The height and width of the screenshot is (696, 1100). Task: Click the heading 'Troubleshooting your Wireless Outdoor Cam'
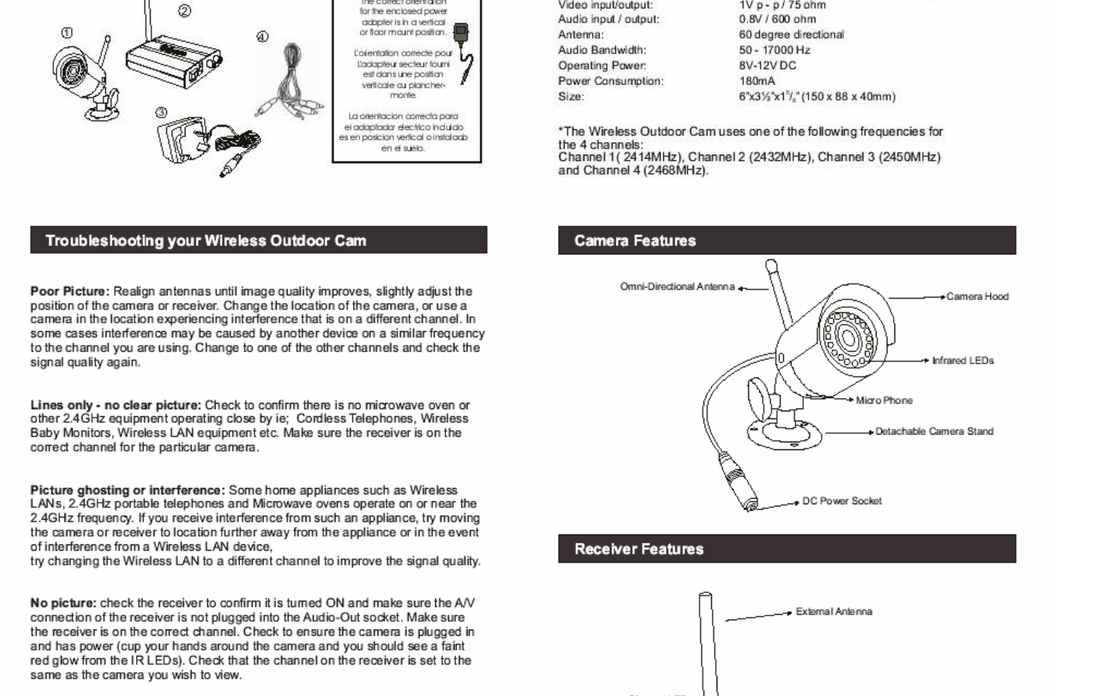[x=206, y=241]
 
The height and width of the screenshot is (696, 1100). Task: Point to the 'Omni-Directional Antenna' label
[x=677, y=287]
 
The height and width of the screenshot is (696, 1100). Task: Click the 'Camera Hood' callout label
[x=977, y=296]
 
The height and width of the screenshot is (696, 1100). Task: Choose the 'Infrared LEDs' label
[x=962, y=360]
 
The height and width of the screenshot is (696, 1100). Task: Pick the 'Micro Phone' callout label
[x=884, y=401]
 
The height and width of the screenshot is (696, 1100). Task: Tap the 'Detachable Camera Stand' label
[x=934, y=432]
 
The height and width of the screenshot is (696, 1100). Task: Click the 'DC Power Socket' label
[x=842, y=501]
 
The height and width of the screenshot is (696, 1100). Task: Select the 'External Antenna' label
[x=834, y=612]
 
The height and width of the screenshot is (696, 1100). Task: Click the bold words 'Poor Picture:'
[x=70, y=292]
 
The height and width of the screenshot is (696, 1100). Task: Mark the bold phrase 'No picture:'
[x=63, y=603]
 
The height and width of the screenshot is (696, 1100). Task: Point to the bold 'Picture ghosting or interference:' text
[x=128, y=490]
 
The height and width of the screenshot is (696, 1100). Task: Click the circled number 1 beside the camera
[x=68, y=33]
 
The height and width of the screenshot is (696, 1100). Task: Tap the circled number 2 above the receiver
[x=184, y=11]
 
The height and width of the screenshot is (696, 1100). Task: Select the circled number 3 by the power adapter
[x=161, y=113]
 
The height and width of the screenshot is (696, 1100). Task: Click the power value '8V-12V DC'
[x=767, y=66]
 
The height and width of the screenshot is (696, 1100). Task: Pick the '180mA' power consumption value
[x=757, y=81]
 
